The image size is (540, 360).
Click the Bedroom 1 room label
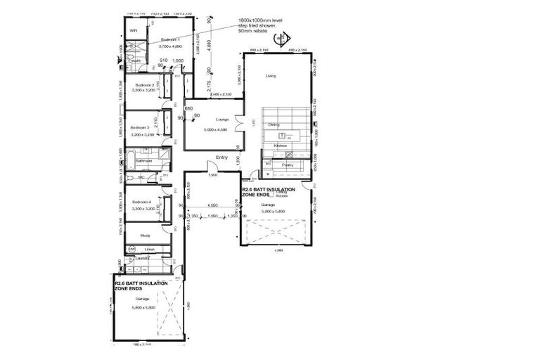(x=170, y=39)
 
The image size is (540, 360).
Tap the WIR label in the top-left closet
(x=133, y=31)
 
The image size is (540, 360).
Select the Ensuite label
(x=134, y=60)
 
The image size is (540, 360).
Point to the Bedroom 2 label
(x=139, y=84)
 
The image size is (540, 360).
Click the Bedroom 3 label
(x=139, y=127)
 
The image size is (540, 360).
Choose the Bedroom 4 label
(x=139, y=202)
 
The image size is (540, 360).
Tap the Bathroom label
(x=144, y=161)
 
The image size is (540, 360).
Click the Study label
(x=145, y=236)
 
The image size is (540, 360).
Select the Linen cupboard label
(x=149, y=250)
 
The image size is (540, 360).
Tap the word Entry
(x=222, y=157)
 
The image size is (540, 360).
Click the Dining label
(x=274, y=124)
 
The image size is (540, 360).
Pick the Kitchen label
(x=281, y=146)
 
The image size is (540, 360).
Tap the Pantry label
(x=288, y=165)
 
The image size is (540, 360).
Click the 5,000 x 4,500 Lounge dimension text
(x=213, y=130)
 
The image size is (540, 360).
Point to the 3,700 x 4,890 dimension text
(x=170, y=46)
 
